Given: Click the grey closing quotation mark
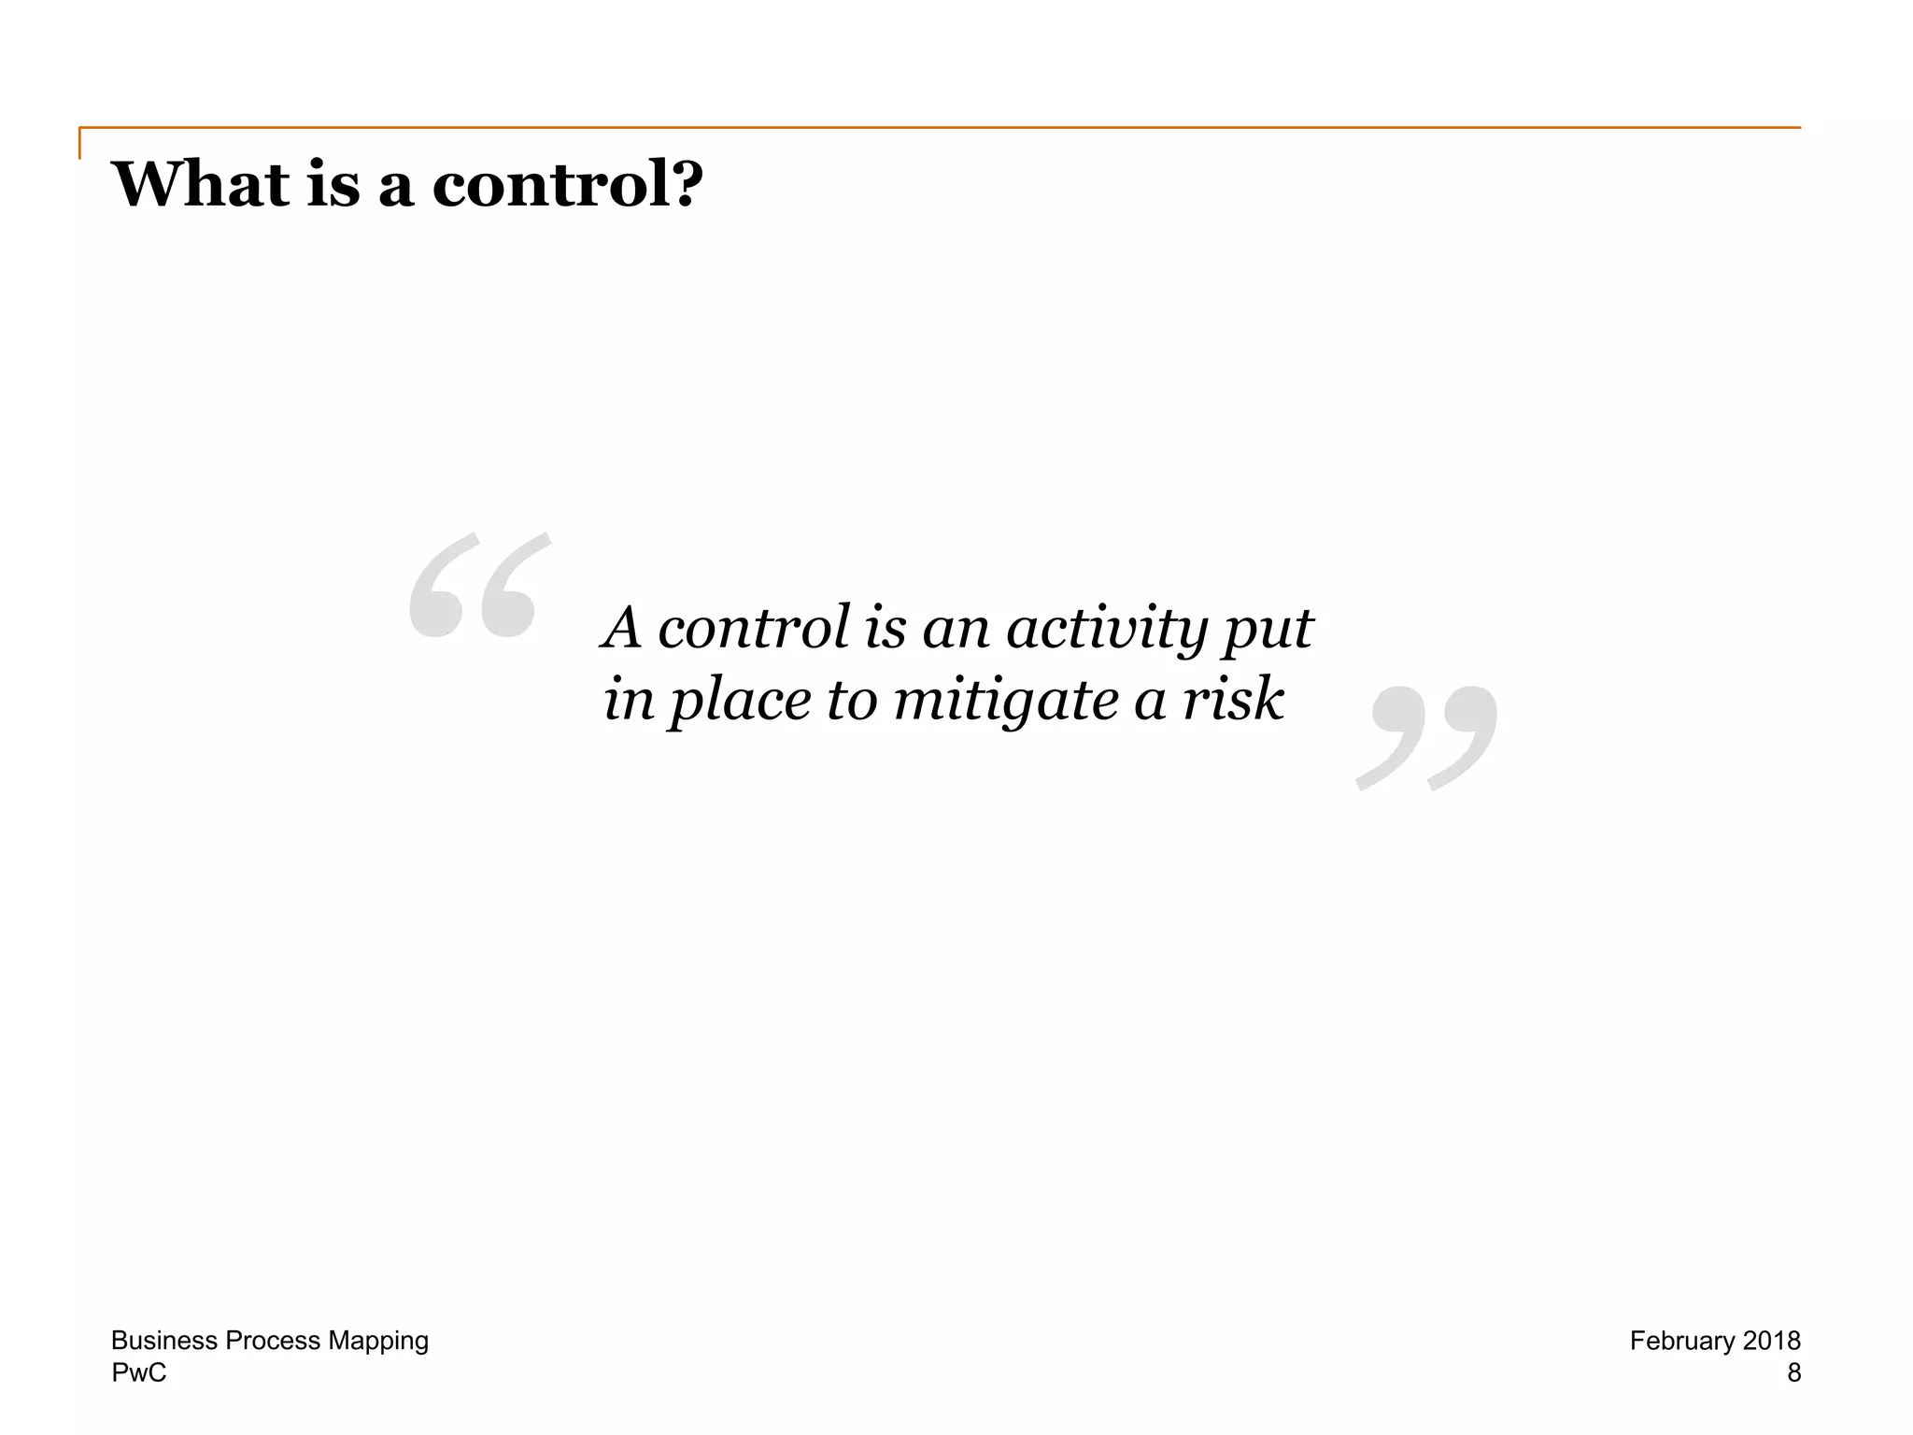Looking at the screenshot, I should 1426,738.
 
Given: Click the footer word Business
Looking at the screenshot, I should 164,1341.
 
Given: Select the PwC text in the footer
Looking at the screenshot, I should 139,1372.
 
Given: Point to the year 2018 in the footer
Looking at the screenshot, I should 1771,1341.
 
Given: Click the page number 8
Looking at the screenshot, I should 1793,1372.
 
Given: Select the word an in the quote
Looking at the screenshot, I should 955,628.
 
